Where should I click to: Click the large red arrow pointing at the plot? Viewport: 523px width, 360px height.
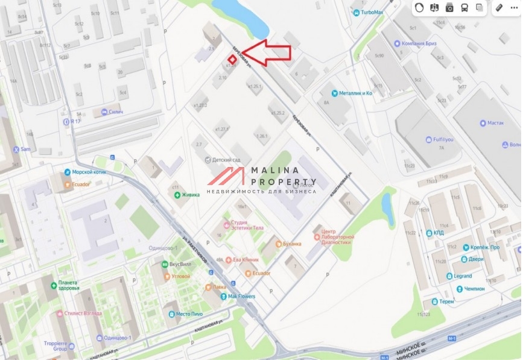[268, 52]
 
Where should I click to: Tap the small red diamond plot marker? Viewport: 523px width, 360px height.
[231, 60]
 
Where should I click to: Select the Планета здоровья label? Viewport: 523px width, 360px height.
[64, 285]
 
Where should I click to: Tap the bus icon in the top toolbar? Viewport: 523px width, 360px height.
[464, 8]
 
